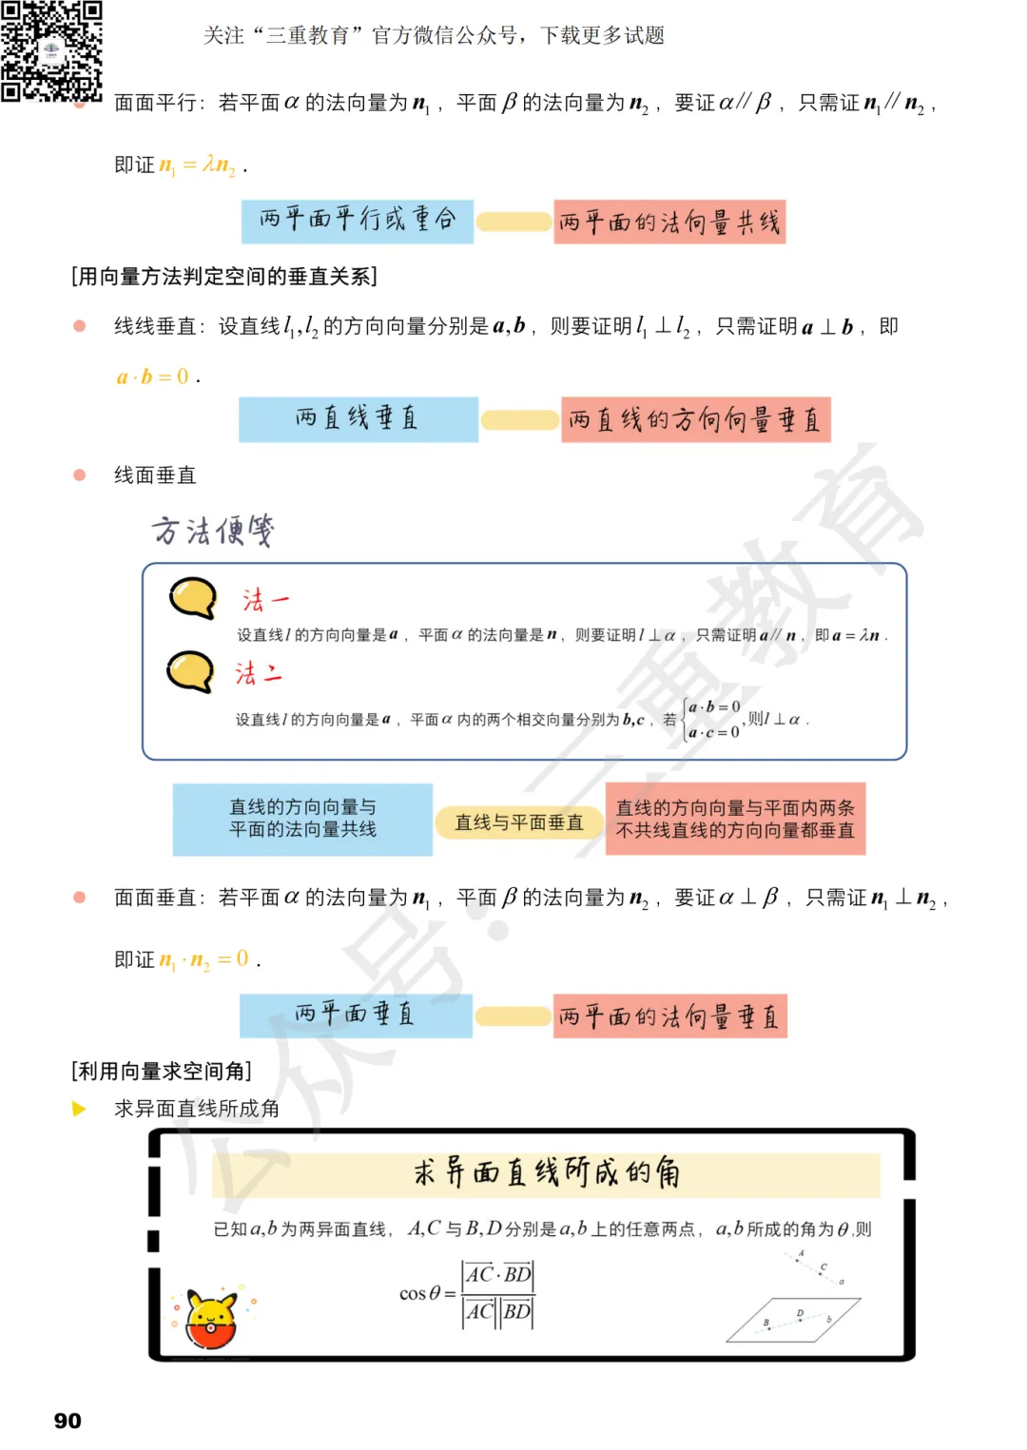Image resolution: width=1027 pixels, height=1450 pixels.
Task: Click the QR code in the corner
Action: [51, 50]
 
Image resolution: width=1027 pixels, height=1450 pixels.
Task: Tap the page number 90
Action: [68, 1421]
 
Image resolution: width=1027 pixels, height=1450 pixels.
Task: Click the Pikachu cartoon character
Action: [211, 1320]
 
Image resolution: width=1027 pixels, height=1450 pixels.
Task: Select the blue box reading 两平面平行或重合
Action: [358, 221]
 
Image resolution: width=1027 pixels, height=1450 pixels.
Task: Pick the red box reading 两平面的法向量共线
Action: [669, 222]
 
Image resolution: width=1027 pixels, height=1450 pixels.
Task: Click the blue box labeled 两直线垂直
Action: [358, 419]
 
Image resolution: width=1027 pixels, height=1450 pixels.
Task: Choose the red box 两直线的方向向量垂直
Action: [695, 420]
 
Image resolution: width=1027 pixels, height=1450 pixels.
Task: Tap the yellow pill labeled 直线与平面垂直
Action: [519, 822]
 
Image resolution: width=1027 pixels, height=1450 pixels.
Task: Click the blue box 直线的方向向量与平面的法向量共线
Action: [302, 819]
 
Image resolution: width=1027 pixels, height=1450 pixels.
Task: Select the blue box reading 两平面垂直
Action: [356, 1015]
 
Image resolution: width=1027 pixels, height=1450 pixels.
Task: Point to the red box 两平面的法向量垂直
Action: [669, 1016]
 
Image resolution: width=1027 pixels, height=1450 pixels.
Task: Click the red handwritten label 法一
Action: [264, 600]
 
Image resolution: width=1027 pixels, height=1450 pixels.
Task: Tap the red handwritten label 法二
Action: [259, 674]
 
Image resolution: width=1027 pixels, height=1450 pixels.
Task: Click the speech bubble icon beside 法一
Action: [193, 598]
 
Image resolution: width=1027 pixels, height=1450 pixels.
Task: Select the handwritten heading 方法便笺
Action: [213, 531]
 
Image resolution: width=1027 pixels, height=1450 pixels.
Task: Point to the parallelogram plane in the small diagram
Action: [793, 1320]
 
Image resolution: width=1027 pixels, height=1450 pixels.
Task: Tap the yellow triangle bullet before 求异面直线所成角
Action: [79, 1109]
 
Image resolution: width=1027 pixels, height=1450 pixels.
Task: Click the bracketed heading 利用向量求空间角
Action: [162, 1072]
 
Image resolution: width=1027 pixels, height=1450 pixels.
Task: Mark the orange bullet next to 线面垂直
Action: [80, 474]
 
